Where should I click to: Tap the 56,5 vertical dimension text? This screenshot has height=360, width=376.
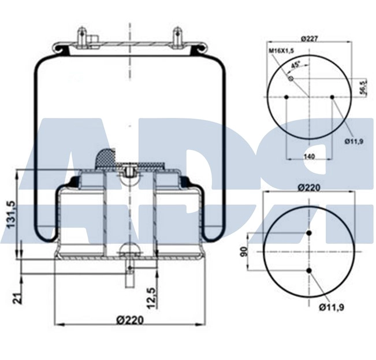click(362, 87)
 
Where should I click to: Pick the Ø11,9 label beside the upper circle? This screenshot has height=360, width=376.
click(355, 141)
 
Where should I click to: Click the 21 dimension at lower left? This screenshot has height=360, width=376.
click(17, 298)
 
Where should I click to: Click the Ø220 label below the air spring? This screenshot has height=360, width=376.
click(129, 320)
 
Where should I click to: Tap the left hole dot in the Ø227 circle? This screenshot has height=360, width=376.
click(287, 97)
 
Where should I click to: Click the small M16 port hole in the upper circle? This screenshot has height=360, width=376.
click(291, 78)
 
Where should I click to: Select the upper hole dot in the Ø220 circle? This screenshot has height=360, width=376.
click(309, 233)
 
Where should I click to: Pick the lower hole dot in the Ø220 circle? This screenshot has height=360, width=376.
click(309, 270)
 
